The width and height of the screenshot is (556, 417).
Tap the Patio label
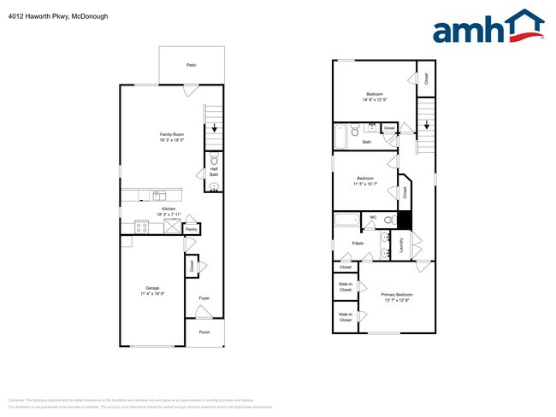(x=192, y=65)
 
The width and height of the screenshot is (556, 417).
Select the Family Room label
(x=172, y=134)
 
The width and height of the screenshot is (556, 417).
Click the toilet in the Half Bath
(x=214, y=160)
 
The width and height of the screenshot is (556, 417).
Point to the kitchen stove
(x=142, y=226)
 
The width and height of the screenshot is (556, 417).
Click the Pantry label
(x=192, y=229)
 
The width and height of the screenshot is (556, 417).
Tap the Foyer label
(x=204, y=298)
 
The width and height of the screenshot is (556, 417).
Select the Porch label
(x=204, y=332)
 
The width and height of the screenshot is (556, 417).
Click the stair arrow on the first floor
(x=214, y=129)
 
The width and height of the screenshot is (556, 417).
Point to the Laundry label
(x=401, y=245)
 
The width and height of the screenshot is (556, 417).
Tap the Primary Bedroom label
(x=397, y=295)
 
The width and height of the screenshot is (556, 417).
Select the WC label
(x=373, y=218)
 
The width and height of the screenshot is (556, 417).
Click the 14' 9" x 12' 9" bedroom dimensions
(x=375, y=100)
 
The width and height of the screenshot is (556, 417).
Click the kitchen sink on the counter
(x=157, y=196)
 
